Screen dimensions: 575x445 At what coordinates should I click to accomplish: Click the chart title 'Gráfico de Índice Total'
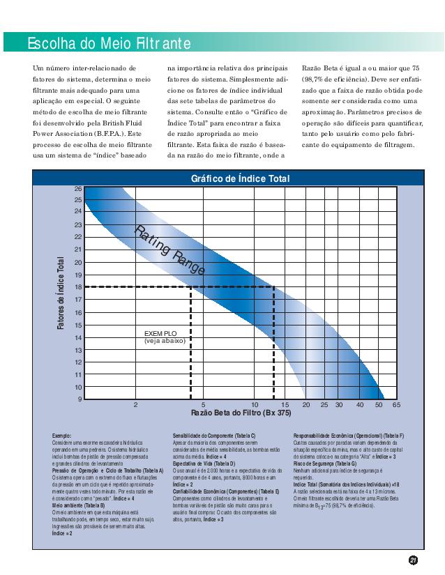240,178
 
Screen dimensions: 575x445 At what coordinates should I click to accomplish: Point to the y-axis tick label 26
78,189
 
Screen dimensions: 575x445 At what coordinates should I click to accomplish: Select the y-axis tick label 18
78,287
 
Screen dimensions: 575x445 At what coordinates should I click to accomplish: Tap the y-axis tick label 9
79,399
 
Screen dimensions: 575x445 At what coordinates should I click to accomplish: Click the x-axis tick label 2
136,404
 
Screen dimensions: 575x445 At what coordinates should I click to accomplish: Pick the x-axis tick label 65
396,404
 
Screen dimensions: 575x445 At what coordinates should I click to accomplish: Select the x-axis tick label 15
285,404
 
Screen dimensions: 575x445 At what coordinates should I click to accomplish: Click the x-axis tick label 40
360,404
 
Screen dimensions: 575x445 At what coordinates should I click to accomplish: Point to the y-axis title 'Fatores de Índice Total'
61,293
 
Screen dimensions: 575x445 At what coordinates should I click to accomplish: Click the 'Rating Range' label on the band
169,250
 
